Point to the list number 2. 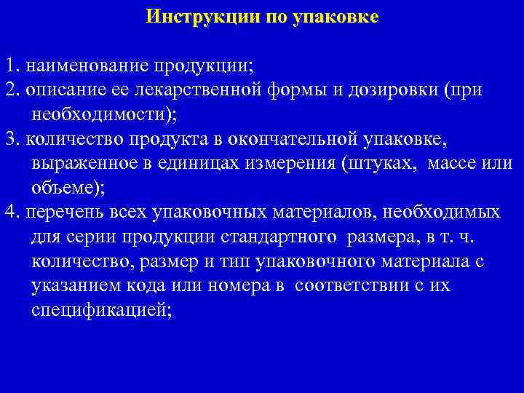point(9,90)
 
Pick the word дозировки point(383,90)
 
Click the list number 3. point(9,138)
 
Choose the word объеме point(65,187)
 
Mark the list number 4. point(9,212)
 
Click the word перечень point(60,212)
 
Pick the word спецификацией point(100,309)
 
